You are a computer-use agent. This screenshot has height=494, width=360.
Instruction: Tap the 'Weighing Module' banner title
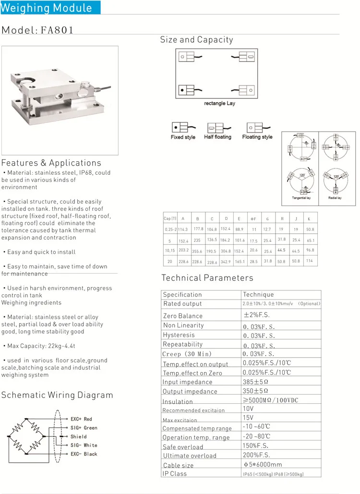coord(47,8)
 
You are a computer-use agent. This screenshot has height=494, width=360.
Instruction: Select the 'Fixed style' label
coord(183,137)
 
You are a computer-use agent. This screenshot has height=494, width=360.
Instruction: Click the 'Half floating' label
coord(217,137)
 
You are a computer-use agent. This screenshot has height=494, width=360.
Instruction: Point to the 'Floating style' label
coord(257,137)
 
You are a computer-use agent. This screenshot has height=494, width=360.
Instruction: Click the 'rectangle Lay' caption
coord(219,103)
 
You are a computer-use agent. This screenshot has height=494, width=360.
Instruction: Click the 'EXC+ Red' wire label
coord(81,419)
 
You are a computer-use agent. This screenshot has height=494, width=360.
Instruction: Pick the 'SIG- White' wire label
coord(84,445)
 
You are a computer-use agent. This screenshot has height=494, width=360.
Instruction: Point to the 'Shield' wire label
coord(79,436)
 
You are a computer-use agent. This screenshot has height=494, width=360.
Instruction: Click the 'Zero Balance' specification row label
coord(183,316)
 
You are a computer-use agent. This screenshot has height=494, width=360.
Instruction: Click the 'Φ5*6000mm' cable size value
coord(263,464)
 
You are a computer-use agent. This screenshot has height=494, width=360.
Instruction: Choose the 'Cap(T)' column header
coord(170,219)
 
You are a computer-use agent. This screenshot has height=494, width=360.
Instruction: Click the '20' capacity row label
coord(170,262)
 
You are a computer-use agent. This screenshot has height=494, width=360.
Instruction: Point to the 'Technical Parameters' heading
coord(207,278)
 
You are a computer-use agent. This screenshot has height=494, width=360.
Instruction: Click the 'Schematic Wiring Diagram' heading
coord(57,396)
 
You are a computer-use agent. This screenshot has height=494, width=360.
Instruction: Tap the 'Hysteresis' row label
coord(179,335)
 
